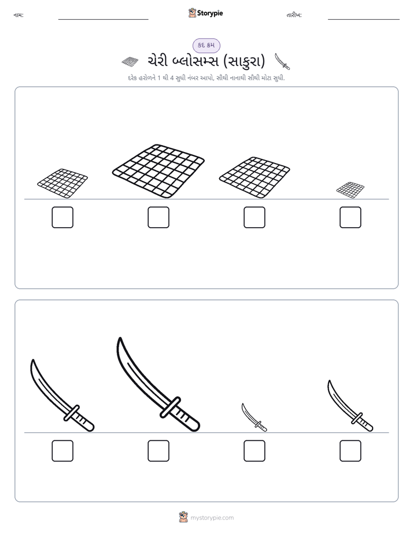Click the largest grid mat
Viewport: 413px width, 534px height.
click(158, 171)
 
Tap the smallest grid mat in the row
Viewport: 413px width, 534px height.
click(351, 190)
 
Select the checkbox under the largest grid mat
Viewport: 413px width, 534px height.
click(158, 217)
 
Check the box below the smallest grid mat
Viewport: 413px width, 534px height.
click(351, 217)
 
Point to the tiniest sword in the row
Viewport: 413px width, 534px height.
click(254, 417)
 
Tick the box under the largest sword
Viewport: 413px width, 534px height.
click(158, 451)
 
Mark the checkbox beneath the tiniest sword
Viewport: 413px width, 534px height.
click(254, 451)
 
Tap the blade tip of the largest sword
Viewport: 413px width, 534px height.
click(120, 338)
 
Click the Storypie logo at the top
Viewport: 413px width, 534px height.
click(205, 13)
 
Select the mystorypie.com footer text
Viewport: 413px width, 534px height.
click(212, 518)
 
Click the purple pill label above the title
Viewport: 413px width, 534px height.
click(206, 45)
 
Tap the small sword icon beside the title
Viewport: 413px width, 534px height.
click(282, 61)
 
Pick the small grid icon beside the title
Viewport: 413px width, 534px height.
click(130, 61)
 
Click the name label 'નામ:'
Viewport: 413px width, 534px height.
click(19, 15)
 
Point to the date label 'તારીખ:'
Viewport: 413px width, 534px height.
click(294, 15)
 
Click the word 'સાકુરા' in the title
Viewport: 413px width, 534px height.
click(244, 61)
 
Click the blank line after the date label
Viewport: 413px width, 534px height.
click(364, 20)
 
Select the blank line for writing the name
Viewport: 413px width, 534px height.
click(103, 20)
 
